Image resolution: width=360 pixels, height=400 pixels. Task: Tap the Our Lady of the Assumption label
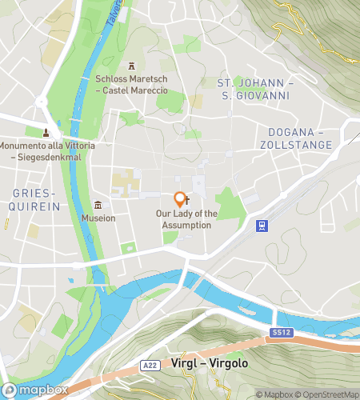(x=185, y=219)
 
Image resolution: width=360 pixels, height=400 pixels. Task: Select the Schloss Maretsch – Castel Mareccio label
(x=133, y=84)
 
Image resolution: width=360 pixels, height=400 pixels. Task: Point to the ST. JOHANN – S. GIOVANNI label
(x=257, y=88)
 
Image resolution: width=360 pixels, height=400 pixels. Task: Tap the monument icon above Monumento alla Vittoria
(x=46, y=132)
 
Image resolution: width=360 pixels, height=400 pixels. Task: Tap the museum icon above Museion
(x=98, y=205)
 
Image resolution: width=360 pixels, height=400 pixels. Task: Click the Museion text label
(x=98, y=218)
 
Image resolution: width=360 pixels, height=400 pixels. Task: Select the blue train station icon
(x=261, y=226)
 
